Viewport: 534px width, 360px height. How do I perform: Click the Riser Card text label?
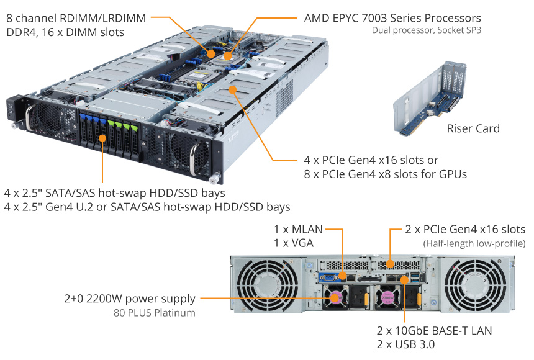pyautogui.click(x=473, y=128)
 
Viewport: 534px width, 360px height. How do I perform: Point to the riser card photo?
pyautogui.click(x=430, y=98)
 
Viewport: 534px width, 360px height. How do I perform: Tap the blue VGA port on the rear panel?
pyautogui.click(x=329, y=277)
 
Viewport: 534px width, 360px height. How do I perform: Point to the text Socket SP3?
pyautogui.click(x=459, y=30)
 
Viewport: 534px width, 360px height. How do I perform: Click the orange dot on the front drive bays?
pyautogui.click(x=102, y=138)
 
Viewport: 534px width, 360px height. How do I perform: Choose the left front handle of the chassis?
pyautogui.click(x=30, y=117)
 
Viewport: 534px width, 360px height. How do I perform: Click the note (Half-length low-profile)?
pyautogui.click(x=474, y=243)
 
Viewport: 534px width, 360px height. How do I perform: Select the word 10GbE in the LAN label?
pyautogui.click(x=412, y=330)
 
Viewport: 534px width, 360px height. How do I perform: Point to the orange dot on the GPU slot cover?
pyautogui.click(x=233, y=89)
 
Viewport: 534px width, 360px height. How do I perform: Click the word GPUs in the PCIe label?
pyautogui.click(x=453, y=174)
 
